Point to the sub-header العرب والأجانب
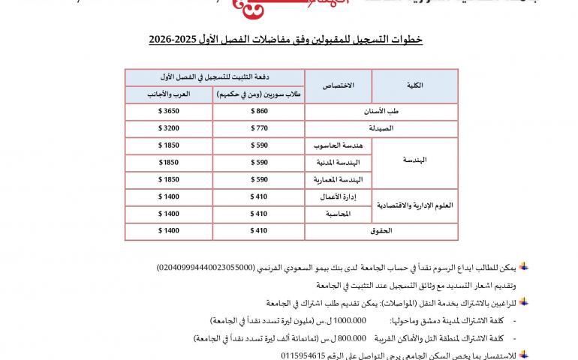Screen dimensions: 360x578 coord(168,94)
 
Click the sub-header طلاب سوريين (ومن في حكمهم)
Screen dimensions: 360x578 coord(258,94)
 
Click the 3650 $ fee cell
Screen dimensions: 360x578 coord(168,111)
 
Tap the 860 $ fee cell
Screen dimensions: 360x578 coord(259,111)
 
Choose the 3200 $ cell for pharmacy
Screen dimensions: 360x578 coord(168,128)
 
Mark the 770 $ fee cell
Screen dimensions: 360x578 coord(259,128)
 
